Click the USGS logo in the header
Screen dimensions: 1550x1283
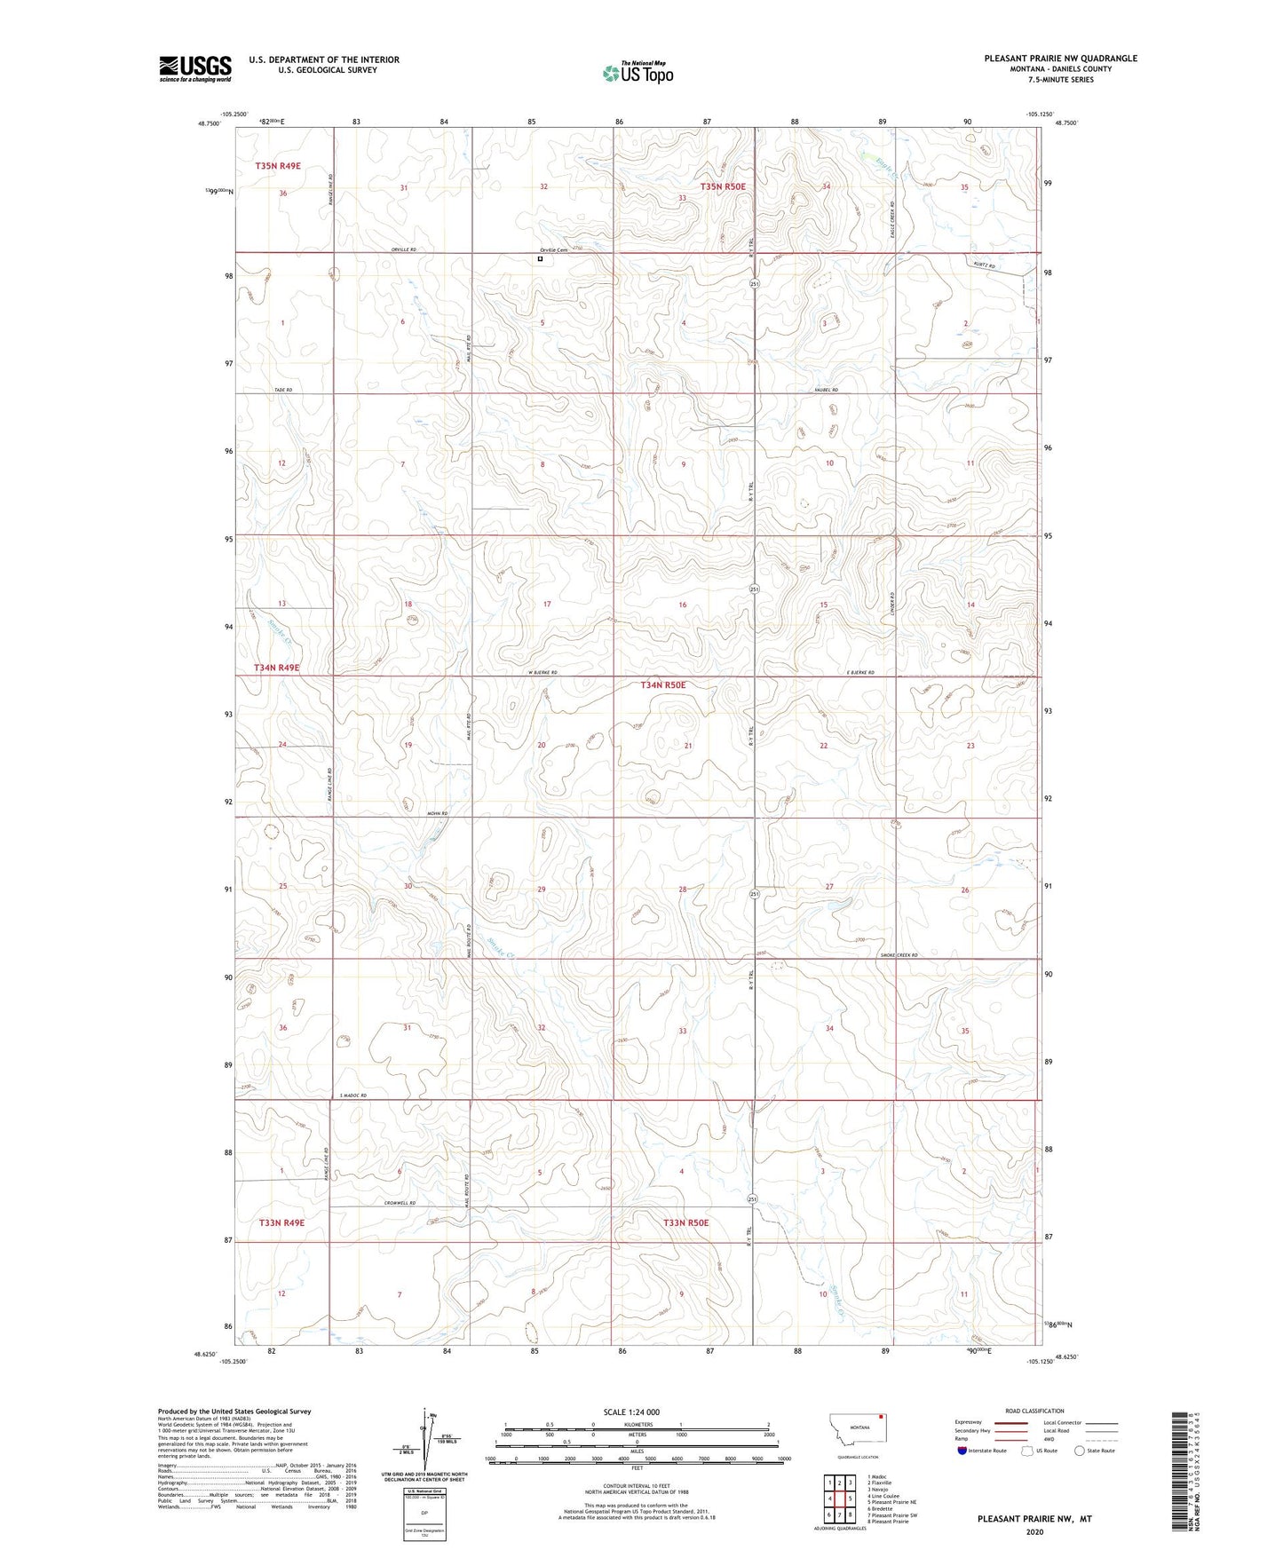[194, 68]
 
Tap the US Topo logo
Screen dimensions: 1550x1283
[638, 73]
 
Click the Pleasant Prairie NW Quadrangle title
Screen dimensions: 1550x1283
[1060, 59]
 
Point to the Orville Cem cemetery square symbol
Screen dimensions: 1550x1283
[540, 259]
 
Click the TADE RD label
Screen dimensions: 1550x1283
[283, 391]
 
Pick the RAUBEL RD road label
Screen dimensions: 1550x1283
[825, 391]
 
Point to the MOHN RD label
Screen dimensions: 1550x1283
[437, 813]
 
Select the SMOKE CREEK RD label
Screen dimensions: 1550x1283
[898, 955]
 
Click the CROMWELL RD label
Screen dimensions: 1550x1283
[400, 1203]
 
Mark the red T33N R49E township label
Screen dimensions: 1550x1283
[281, 1222]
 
